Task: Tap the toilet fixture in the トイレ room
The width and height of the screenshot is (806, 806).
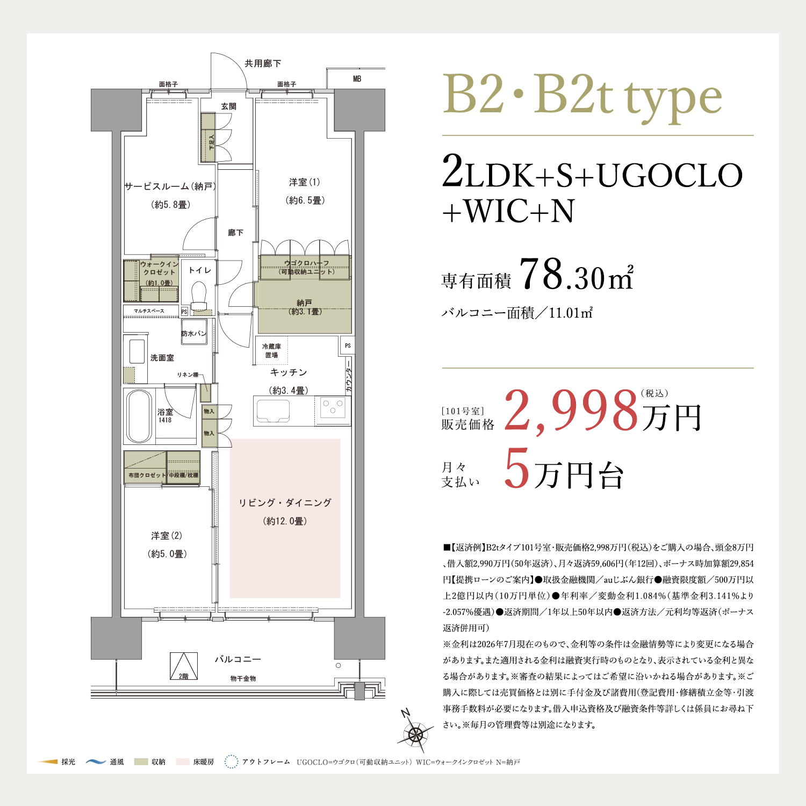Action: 199,297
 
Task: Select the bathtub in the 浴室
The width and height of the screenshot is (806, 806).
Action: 139,416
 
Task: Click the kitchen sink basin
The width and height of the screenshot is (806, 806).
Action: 274,411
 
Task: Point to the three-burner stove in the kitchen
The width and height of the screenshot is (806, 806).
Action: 333,408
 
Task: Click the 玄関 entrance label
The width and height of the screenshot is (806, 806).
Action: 229,106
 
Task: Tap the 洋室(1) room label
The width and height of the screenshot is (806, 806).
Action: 305,182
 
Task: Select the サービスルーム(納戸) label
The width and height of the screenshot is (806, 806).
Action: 170,186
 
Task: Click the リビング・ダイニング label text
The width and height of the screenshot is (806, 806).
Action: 285,502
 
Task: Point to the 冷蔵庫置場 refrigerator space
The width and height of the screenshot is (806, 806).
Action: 271,350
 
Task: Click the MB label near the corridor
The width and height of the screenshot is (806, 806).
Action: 357,79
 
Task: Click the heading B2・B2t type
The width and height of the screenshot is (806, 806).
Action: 582,97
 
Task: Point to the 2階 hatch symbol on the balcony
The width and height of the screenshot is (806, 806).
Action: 184,666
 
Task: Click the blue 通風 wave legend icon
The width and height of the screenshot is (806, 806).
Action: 96,761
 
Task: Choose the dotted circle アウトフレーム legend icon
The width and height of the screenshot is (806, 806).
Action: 231,761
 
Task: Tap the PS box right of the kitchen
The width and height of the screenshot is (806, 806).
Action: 347,346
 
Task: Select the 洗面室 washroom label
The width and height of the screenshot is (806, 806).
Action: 162,358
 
